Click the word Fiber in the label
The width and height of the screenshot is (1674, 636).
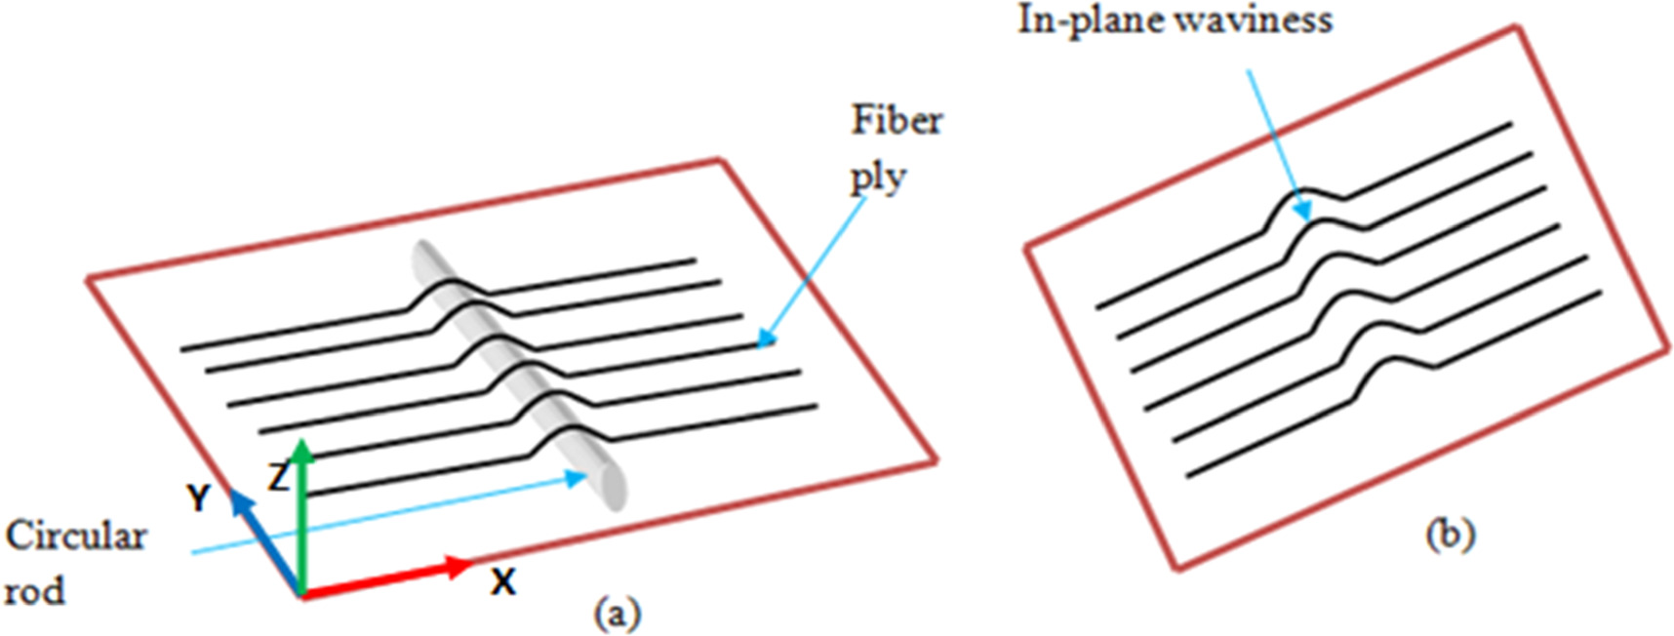click(897, 120)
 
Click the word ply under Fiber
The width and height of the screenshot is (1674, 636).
click(878, 178)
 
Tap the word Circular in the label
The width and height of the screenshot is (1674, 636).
click(76, 537)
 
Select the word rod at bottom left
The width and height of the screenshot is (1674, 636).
click(35, 591)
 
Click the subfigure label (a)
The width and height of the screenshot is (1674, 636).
click(618, 614)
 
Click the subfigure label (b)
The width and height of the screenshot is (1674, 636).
click(1451, 535)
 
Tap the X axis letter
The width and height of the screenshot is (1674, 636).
click(502, 583)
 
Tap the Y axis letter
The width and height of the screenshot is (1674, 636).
click(198, 498)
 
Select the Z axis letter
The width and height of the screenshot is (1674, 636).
click(278, 478)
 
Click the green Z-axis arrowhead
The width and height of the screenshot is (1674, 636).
click(303, 451)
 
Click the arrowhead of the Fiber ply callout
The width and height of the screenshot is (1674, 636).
click(766, 340)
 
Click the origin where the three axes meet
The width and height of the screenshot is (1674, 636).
click(302, 593)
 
